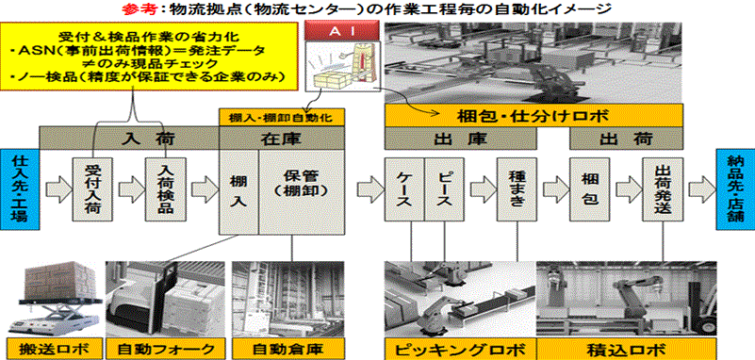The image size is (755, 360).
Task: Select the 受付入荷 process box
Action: pyautogui.click(x=91, y=188)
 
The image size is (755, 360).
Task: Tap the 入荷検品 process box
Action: pyautogui.click(x=165, y=188)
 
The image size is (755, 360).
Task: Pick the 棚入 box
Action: pyautogui.click(x=239, y=192)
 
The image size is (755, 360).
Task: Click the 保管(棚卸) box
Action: pyautogui.click(x=303, y=192)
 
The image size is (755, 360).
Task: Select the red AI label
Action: pyautogui.click(x=341, y=32)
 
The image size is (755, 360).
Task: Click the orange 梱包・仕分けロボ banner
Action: pyautogui.click(x=534, y=116)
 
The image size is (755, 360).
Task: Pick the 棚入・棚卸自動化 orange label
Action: pyautogui.click(x=283, y=117)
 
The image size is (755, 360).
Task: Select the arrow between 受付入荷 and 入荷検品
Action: pyautogui.click(x=129, y=188)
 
